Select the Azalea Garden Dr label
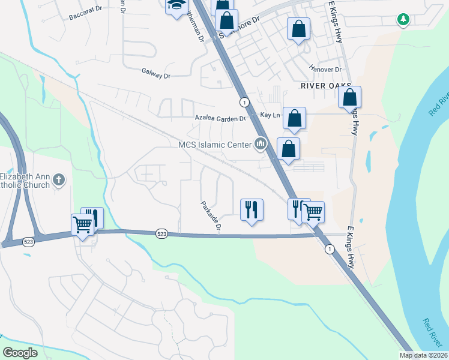pyautogui.click(x=220, y=118)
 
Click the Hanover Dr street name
pyautogui.click(x=325, y=70)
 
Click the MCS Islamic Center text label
pyautogui.click(x=215, y=144)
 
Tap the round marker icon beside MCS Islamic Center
pyautogui.click(x=261, y=144)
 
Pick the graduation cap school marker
pyautogui.click(x=176, y=5)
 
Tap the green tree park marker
pyautogui.click(x=404, y=20)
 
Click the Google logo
pyautogui.click(x=20, y=353)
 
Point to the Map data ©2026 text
pyautogui.click(x=423, y=355)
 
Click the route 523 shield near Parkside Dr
pyautogui.click(x=161, y=233)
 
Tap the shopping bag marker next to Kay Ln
pyautogui.click(x=294, y=119)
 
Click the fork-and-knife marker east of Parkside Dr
pyautogui.click(x=251, y=210)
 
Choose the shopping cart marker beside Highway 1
pyautogui.click(x=313, y=211)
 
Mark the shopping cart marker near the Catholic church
pyautogui.click(x=82, y=224)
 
